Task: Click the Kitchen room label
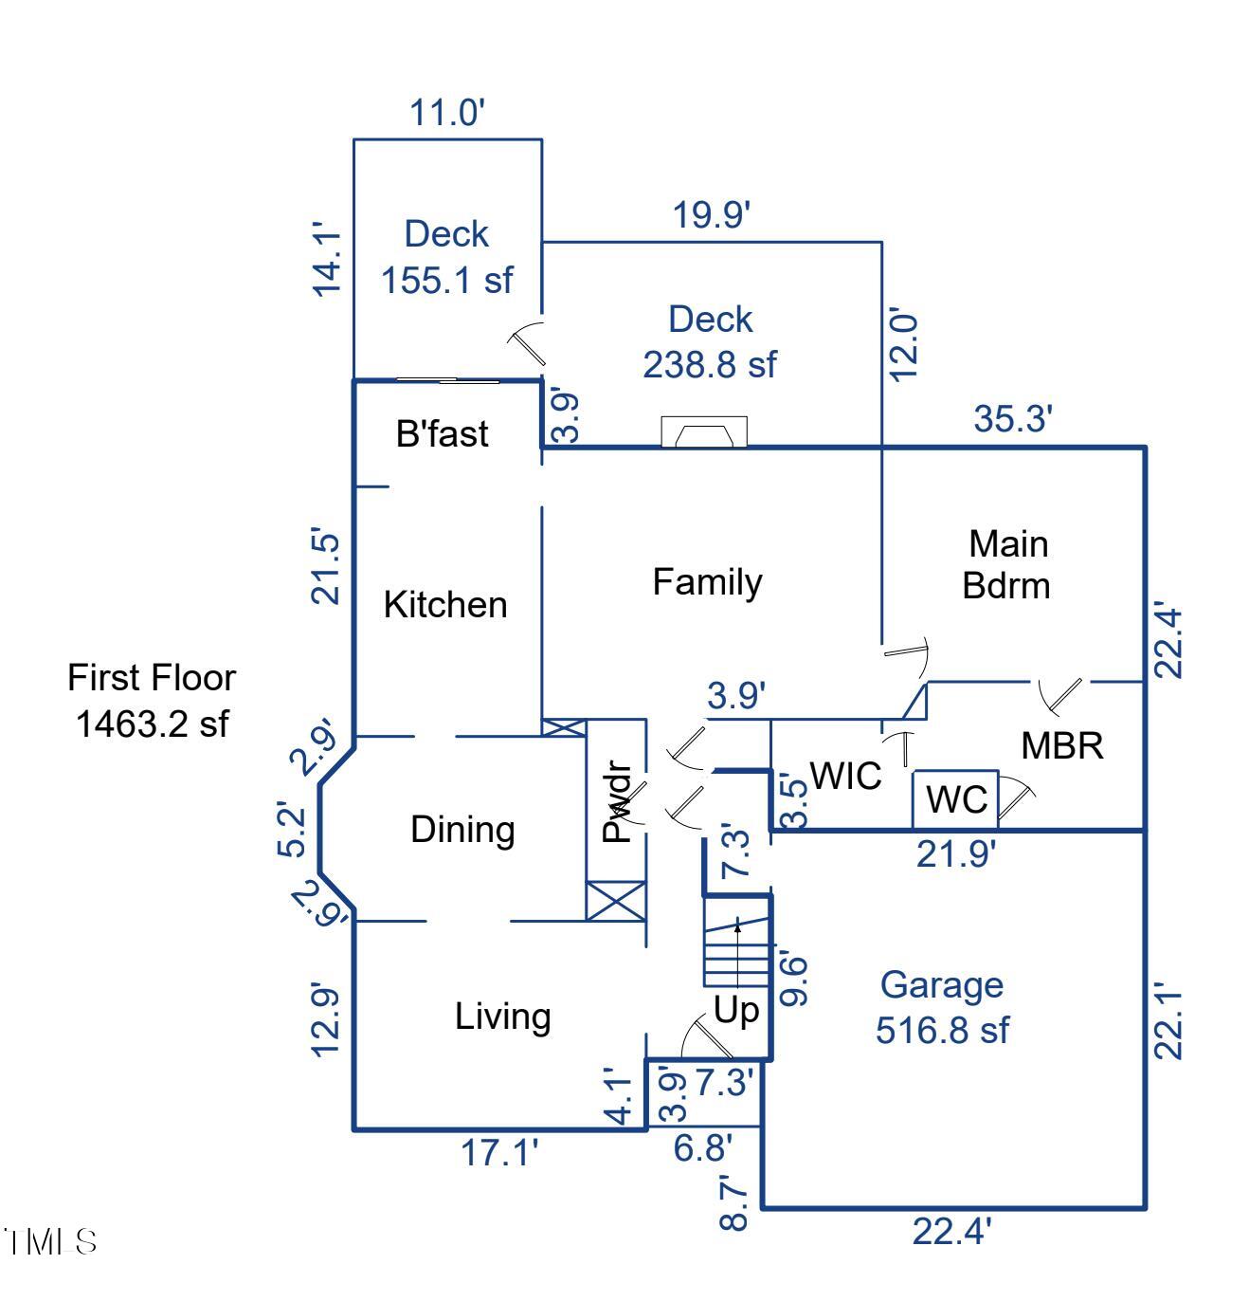(445, 605)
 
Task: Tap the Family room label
(707, 581)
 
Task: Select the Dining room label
(462, 830)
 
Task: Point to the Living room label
(502, 1017)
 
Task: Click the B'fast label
(442, 433)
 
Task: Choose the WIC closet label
(845, 776)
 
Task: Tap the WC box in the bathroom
(955, 799)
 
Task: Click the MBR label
(1061, 746)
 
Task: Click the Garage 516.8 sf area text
(942, 1007)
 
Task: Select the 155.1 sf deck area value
(446, 280)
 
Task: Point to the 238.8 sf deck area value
(709, 364)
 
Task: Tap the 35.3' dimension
(1013, 418)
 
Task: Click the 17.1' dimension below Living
(499, 1154)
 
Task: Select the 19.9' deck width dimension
(712, 215)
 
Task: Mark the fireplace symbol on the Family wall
(703, 432)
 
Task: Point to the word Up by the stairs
(736, 1011)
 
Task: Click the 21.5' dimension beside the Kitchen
(325, 567)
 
